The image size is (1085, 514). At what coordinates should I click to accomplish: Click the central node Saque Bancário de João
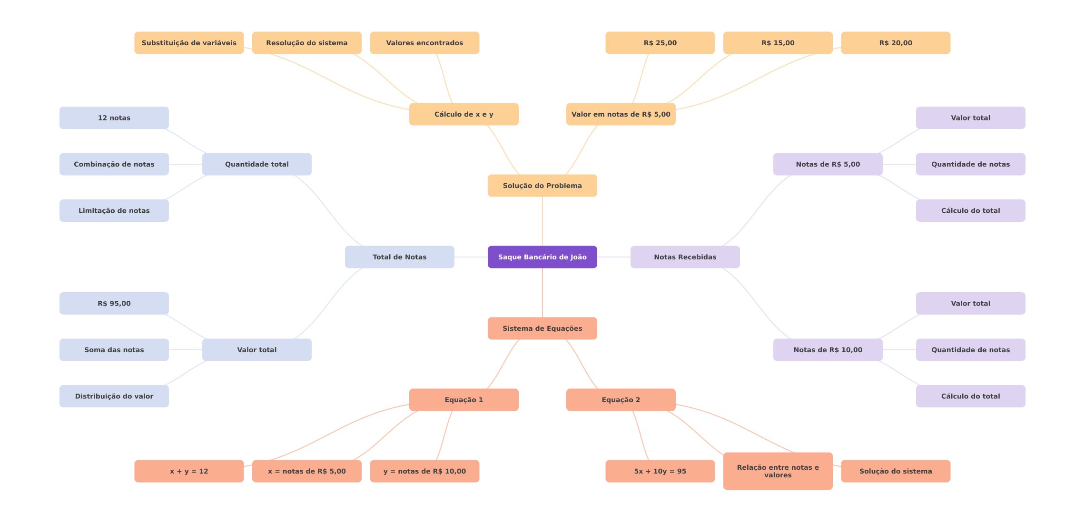pyautogui.click(x=542, y=257)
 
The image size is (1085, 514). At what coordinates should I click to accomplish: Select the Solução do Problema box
pyautogui.click(x=542, y=186)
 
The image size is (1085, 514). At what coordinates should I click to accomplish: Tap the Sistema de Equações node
pyautogui.click(x=542, y=328)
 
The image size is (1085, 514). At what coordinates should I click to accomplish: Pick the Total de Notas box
pyautogui.click(x=399, y=257)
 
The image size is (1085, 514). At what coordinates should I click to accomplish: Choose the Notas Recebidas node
pyautogui.click(x=685, y=257)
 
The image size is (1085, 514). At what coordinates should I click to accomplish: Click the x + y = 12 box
pyautogui.click(x=189, y=471)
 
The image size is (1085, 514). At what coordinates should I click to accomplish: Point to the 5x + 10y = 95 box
pyautogui.click(x=660, y=471)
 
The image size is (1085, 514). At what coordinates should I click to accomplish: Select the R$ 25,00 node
pyautogui.click(x=660, y=43)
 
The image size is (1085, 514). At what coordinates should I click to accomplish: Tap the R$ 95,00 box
pyautogui.click(x=114, y=304)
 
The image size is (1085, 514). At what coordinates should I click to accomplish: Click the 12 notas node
pyautogui.click(x=114, y=118)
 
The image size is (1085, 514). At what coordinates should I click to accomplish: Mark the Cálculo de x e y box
pyautogui.click(x=464, y=114)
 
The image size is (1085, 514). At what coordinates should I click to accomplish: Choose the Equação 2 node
pyautogui.click(x=621, y=400)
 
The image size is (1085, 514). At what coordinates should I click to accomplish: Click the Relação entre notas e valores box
pyautogui.click(x=778, y=471)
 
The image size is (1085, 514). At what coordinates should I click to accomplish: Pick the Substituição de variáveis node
pyautogui.click(x=189, y=43)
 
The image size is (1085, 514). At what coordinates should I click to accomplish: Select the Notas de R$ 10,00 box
pyautogui.click(x=828, y=350)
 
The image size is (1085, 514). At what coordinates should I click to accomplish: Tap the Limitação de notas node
pyautogui.click(x=114, y=210)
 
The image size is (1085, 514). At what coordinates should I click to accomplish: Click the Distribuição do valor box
pyautogui.click(x=114, y=396)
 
